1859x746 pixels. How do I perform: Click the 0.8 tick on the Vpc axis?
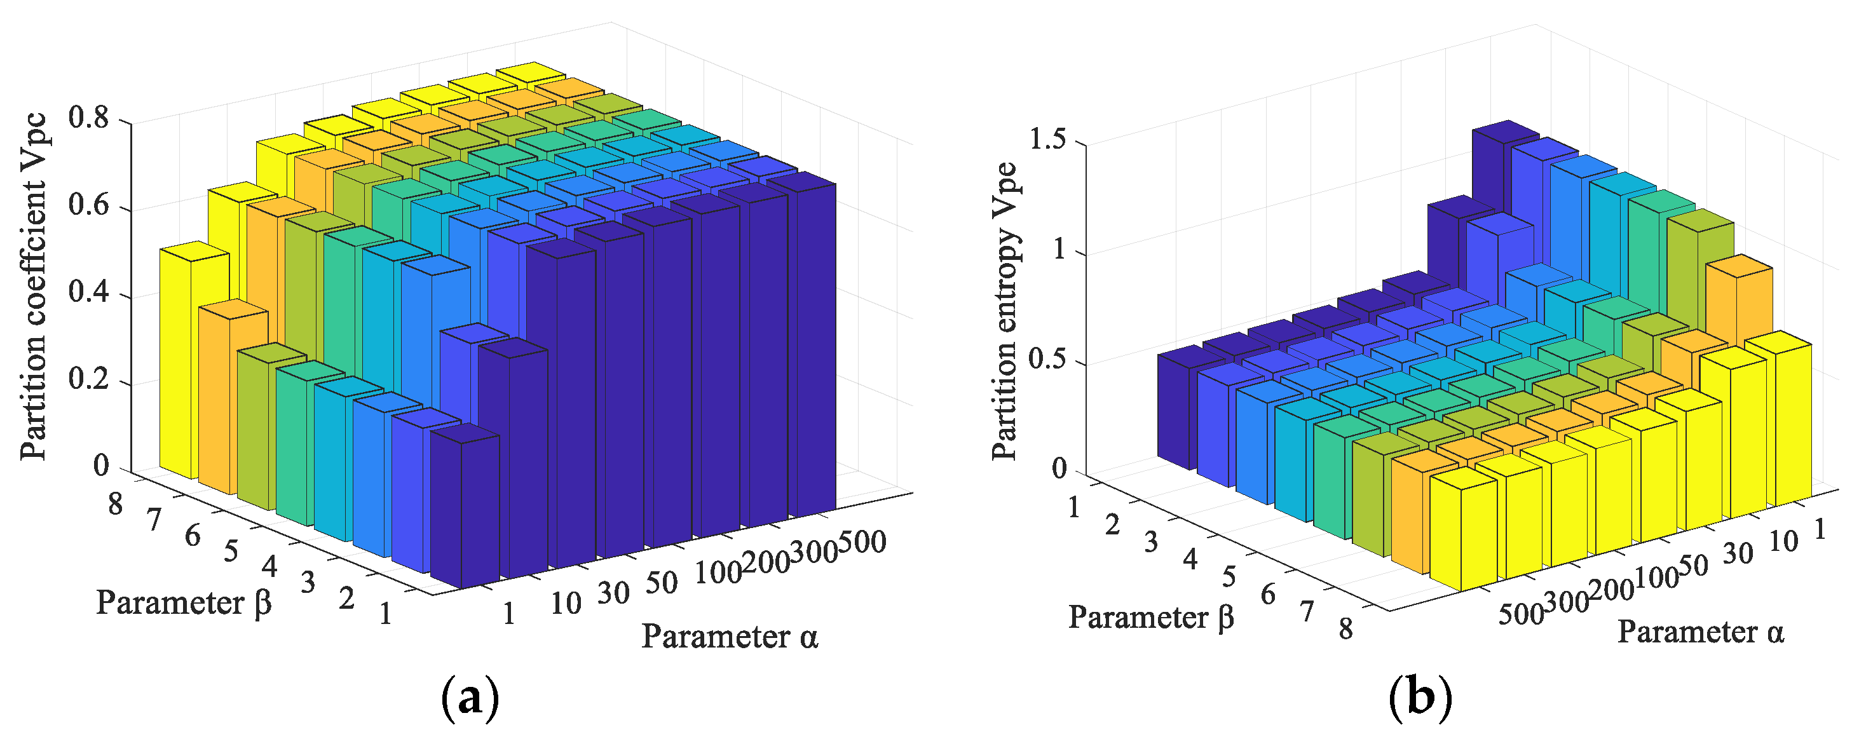click(x=88, y=118)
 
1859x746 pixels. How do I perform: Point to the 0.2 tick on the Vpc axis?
click(x=88, y=379)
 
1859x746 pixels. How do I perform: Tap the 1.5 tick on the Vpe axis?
click(x=1048, y=140)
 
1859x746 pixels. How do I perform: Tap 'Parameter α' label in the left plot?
click(x=730, y=636)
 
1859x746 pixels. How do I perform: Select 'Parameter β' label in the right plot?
click(x=1151, y=618)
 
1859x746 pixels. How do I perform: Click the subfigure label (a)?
click(x=470, y=698)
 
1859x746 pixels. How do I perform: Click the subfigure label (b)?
click(x=1419, y=698)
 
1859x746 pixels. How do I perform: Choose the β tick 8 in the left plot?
click(x=116, y=505)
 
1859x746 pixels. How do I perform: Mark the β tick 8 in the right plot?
click(x=1346, y=629)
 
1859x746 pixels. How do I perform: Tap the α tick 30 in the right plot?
click(x=1738, y=553)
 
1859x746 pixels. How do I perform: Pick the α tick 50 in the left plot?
click(x=661, y=583)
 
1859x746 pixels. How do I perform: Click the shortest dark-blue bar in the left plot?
click(x=465, y=505)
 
